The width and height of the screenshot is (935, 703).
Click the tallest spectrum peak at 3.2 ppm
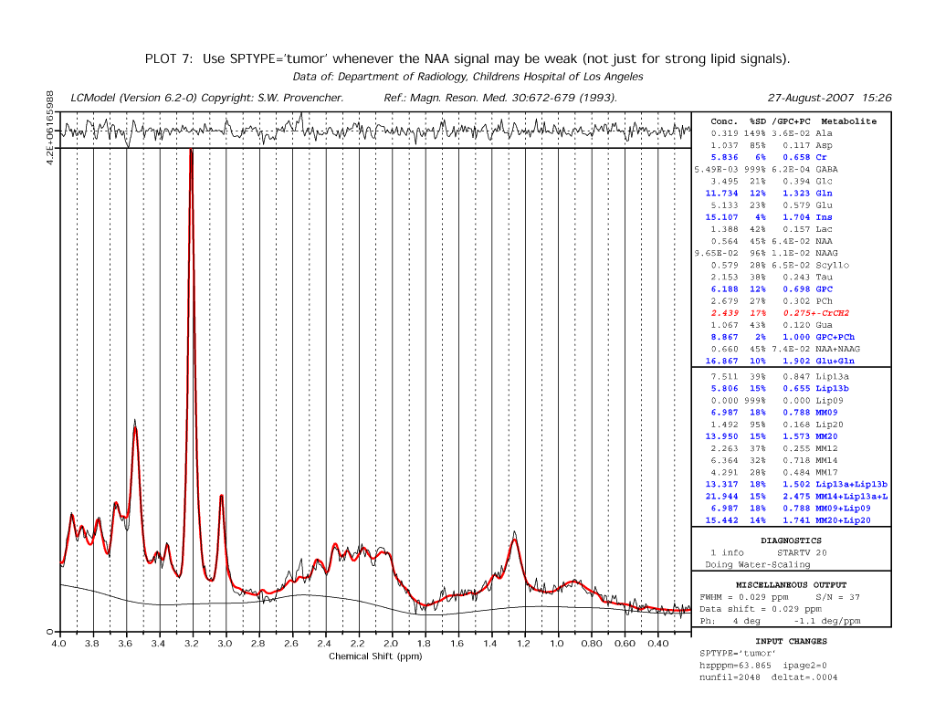click(x=192, y=151)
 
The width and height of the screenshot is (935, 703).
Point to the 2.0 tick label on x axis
click(x=391, y=644)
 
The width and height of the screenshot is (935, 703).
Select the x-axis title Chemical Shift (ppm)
click(x=375, y=656)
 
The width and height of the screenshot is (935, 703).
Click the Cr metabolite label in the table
click(x=821, y=157)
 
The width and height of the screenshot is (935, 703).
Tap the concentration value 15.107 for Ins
click(x=721, y=217)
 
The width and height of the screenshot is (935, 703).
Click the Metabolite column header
click(x=848, y=121)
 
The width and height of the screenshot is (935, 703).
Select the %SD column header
click(x=757, y=121)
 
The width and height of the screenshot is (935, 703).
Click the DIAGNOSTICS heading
click(x=791, y=540)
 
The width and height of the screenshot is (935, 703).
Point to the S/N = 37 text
click(x=838, y=597)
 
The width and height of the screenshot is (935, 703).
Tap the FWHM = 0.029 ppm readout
click(x=743, y=597)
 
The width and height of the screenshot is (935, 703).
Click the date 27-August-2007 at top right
click(x=811, y=98)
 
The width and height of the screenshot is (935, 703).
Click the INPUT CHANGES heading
click(x=792, y=642)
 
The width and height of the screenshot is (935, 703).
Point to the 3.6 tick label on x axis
click(x=124, y=644)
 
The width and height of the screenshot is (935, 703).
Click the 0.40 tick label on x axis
click(x=657, y=644)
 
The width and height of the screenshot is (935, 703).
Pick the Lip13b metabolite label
click(x=832, y=389)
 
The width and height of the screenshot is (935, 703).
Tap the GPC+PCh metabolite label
click(x=835, y=338)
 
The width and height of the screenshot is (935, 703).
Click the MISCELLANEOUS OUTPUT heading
click(x=791, y=585)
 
